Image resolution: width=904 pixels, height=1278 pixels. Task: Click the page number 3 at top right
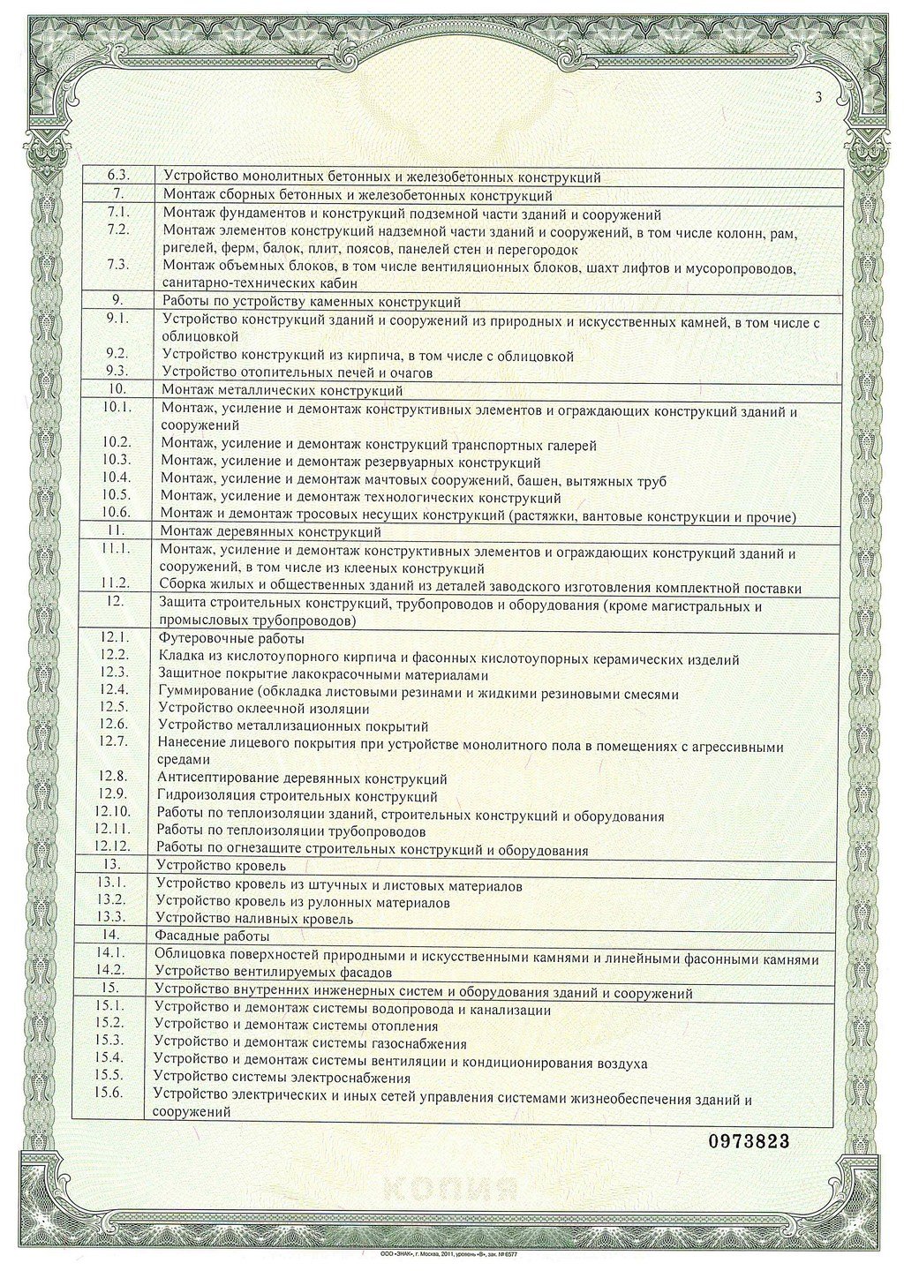point(819,98)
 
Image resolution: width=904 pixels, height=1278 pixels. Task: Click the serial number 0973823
point(749,1141)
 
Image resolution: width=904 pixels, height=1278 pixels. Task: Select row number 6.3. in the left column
point(117,177)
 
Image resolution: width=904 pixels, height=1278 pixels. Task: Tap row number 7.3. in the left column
point(117,265)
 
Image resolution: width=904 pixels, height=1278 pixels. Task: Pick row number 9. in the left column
point(117,301)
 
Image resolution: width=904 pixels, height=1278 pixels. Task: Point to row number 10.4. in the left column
point(117,480)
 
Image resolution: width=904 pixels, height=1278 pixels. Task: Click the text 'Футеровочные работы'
point(231,639)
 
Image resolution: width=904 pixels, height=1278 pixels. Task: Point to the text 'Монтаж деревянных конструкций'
point(271,532)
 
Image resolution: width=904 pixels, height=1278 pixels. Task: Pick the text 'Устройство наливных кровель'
point(254,919)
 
